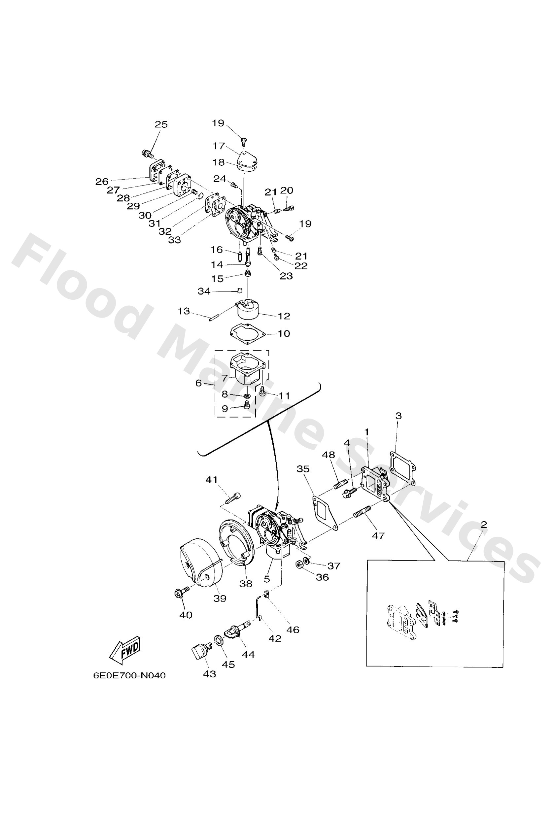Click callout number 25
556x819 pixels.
[x=161, y=124]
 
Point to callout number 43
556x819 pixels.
[x=209, y=674]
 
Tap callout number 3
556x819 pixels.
[x=399, y=416]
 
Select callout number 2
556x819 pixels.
[x=484, y=525]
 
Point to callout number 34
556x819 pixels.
[x=204, y=291]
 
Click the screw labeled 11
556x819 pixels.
[x=262, y=391]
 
